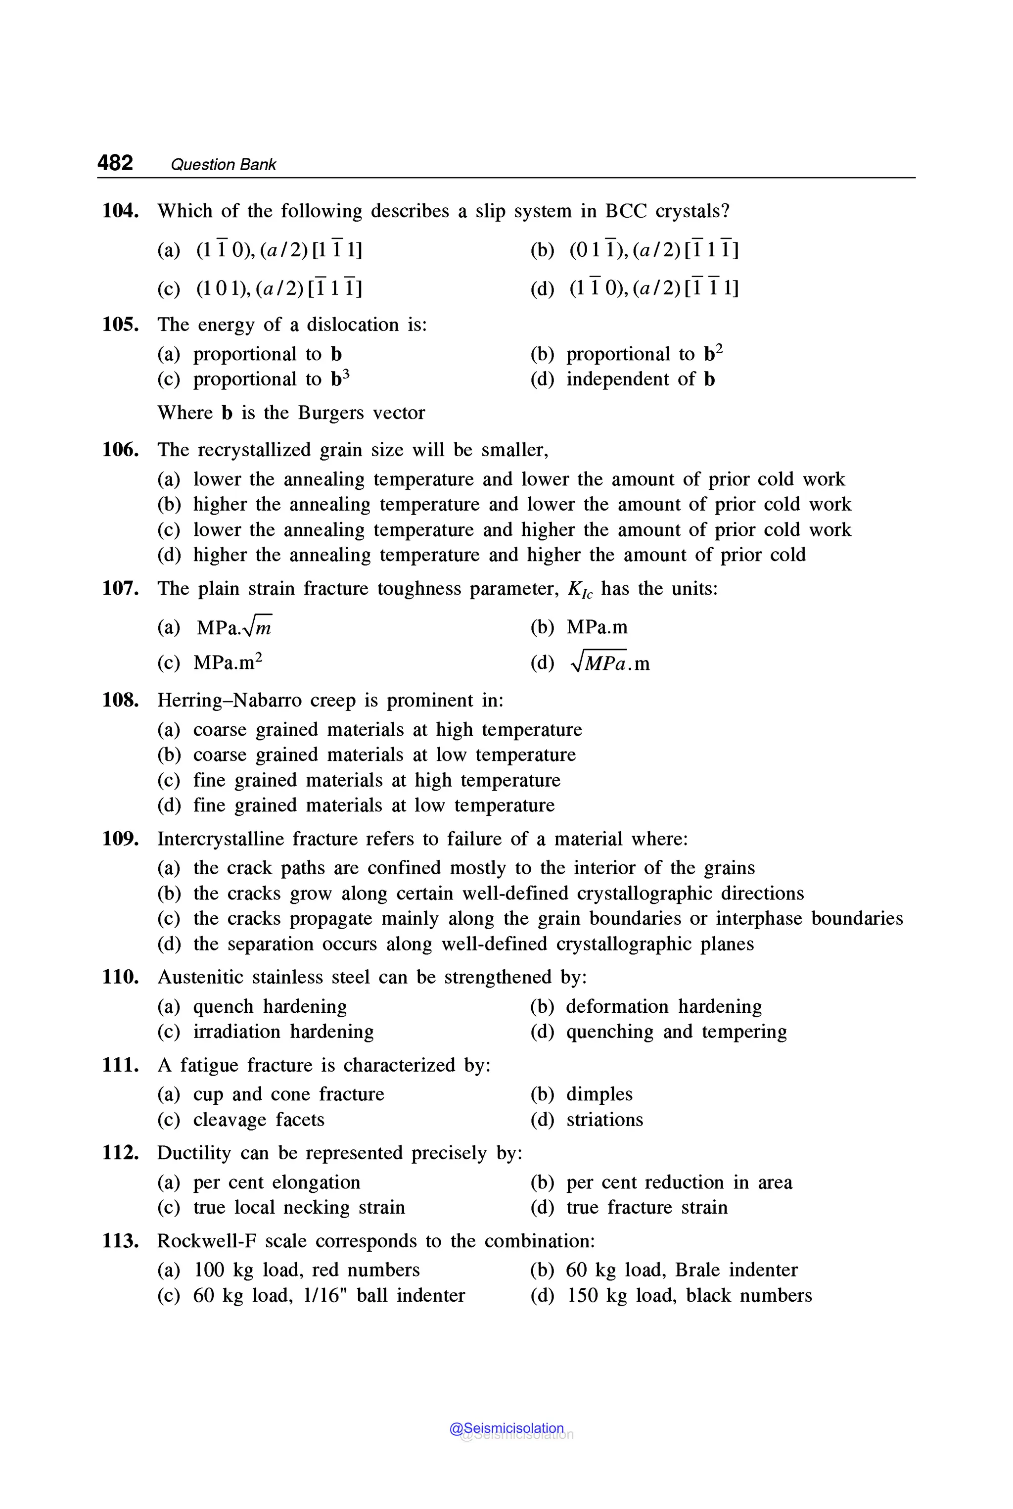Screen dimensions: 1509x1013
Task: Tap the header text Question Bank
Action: pos(223,165)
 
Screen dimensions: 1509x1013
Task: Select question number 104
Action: pos(120,211)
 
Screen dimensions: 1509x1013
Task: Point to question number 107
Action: pos(120,589)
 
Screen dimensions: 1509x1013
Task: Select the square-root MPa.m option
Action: pos(610,663)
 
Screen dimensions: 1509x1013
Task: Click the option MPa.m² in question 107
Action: pos(228,662)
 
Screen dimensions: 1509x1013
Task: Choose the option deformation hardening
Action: pos(663,1007)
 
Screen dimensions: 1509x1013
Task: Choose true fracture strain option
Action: pos(646,1208)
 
